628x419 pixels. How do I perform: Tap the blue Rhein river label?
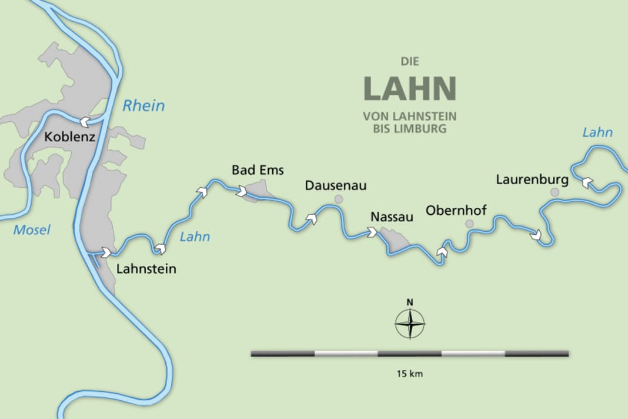143,106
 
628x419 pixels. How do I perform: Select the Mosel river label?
32,230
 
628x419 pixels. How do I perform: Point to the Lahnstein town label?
146,270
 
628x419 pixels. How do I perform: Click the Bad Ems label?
258,171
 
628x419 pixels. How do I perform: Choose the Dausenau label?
336,186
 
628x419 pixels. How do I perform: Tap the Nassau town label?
392,217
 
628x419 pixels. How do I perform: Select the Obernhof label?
456,210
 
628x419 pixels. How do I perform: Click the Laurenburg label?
532,179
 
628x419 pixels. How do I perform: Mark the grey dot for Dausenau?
339,199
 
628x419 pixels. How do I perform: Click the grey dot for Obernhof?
469,224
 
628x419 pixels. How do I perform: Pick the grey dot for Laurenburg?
554,192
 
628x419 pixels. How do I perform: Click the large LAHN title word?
410,88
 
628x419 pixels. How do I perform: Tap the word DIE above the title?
410,61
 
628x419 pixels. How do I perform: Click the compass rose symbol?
410,324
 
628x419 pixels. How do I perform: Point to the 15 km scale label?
410,374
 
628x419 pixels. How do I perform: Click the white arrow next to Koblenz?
85,122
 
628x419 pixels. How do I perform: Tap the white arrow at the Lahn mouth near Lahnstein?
106,252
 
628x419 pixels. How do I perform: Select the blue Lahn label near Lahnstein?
195,237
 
